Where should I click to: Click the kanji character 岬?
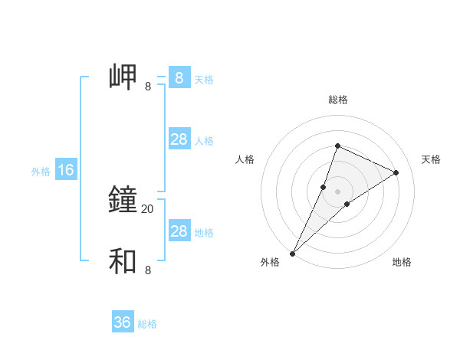click(123, 77)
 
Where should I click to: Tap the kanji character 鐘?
click(123, 200)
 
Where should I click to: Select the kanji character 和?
click(123, 261)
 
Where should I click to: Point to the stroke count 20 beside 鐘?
click(147, 209)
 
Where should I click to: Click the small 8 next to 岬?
click(148, 87)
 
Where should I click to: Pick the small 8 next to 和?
click(148, 270)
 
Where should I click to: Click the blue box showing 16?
click(66, 170)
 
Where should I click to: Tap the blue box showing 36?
click(123, 322)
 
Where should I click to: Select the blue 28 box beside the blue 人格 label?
click(179, 139)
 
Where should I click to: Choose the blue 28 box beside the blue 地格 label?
click(179, 231)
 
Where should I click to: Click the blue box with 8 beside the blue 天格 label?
click(179, 78)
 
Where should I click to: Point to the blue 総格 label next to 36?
click(147, 324)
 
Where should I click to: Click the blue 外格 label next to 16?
click(41, 172)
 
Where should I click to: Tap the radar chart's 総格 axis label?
click(337, 100)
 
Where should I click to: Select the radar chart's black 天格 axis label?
click(431, 159)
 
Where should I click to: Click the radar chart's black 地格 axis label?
click(402, 262)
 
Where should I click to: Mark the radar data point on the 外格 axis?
click(293, 253)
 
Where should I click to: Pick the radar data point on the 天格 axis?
click(396, 172)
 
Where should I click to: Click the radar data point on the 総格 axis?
click(337, 146)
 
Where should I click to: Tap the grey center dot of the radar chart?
click(337, 191)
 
